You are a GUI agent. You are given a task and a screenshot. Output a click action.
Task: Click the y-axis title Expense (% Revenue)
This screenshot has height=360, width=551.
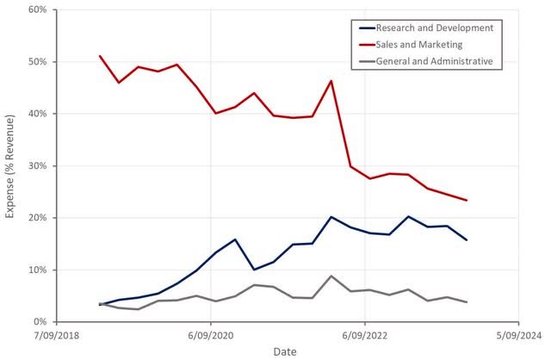click(10, 165)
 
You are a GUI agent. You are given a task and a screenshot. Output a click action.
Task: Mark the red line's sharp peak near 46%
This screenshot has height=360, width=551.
click(331, 81)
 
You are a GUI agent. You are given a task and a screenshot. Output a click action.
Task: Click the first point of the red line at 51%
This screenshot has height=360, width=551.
click(100, 56)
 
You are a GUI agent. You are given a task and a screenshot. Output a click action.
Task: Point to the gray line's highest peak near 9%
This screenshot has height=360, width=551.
click(331, 276)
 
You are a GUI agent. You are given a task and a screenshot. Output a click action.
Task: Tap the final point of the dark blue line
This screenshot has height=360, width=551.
click(467, 239)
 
